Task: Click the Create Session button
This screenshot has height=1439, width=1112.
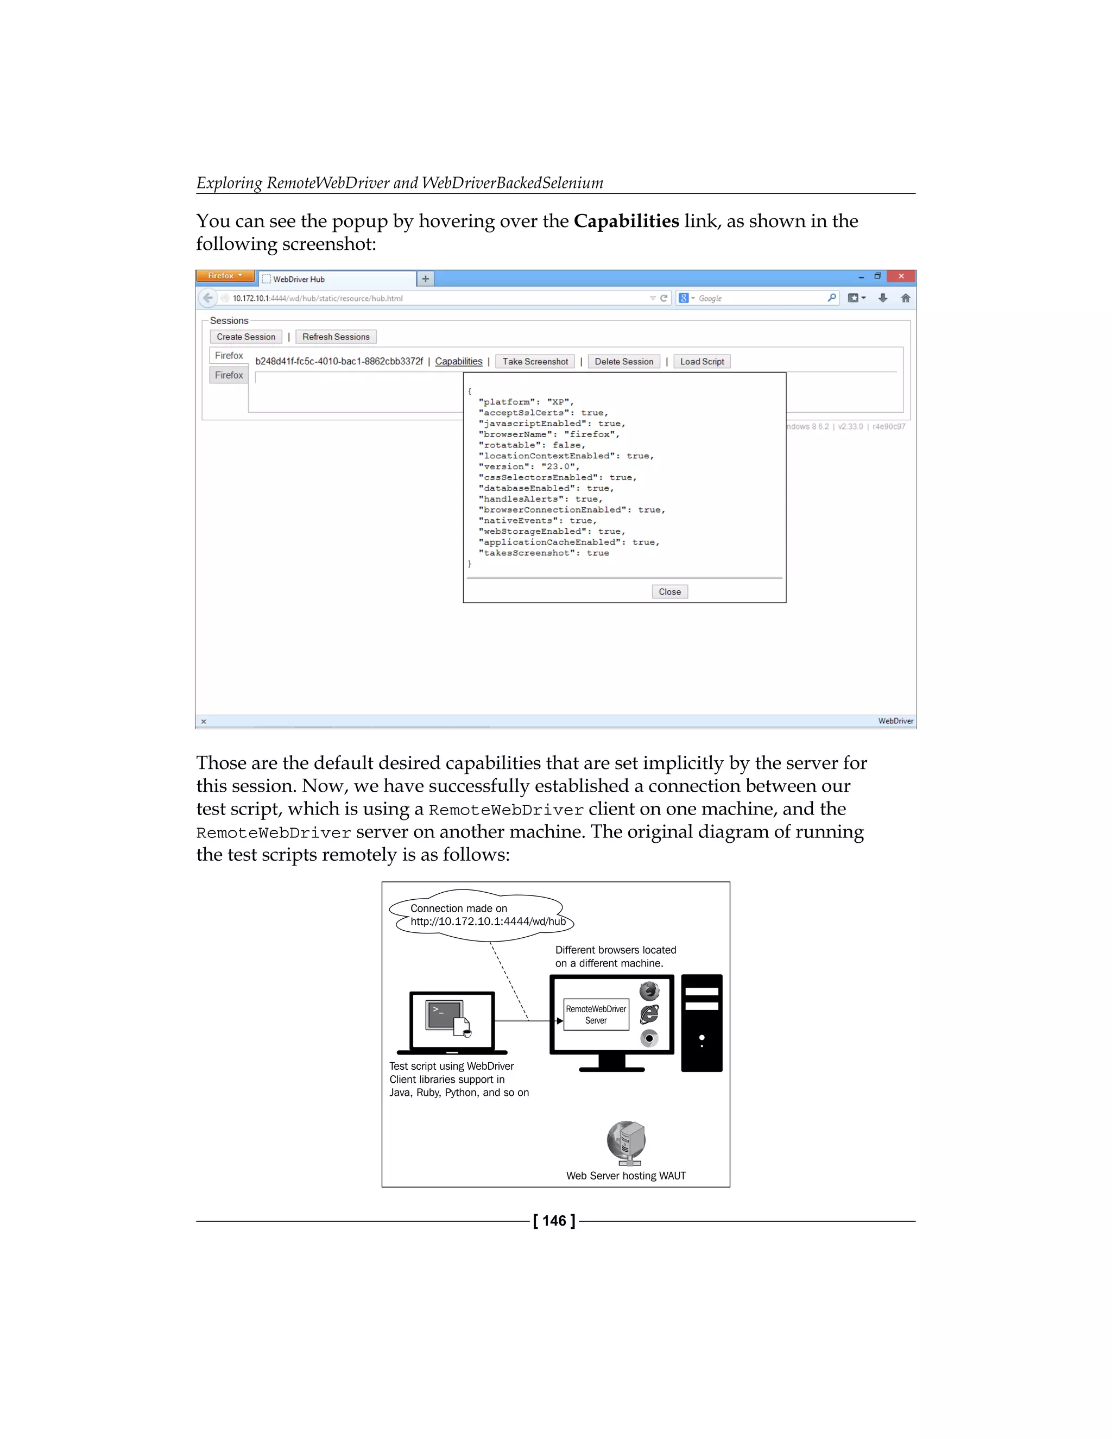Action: pos(246,337)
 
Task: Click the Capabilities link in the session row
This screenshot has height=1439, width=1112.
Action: pos(458,361)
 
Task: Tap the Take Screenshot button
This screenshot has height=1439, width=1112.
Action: pos(535,361)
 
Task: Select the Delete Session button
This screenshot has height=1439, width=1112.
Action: pos(624,361)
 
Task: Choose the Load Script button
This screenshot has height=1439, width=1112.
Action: pos(702,361)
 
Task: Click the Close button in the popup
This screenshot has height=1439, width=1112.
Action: pos(669,592)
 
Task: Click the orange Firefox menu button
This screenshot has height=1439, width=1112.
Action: pos(225,276)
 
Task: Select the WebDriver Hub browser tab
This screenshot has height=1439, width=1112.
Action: pos(336,279)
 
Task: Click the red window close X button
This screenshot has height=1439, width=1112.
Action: pos(901,276)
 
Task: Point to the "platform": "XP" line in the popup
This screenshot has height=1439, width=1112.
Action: pos(526,402)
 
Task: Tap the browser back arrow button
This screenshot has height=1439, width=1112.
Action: pos(208,298)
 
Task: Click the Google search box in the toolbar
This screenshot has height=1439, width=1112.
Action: pos(757,298)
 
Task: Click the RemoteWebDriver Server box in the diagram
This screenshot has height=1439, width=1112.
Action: pos(596,1015)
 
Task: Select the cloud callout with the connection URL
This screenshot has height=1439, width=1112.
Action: pos(481,914)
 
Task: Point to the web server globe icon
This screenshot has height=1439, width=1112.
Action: pos(626,1142)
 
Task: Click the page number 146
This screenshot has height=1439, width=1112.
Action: pos(554,1221)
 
